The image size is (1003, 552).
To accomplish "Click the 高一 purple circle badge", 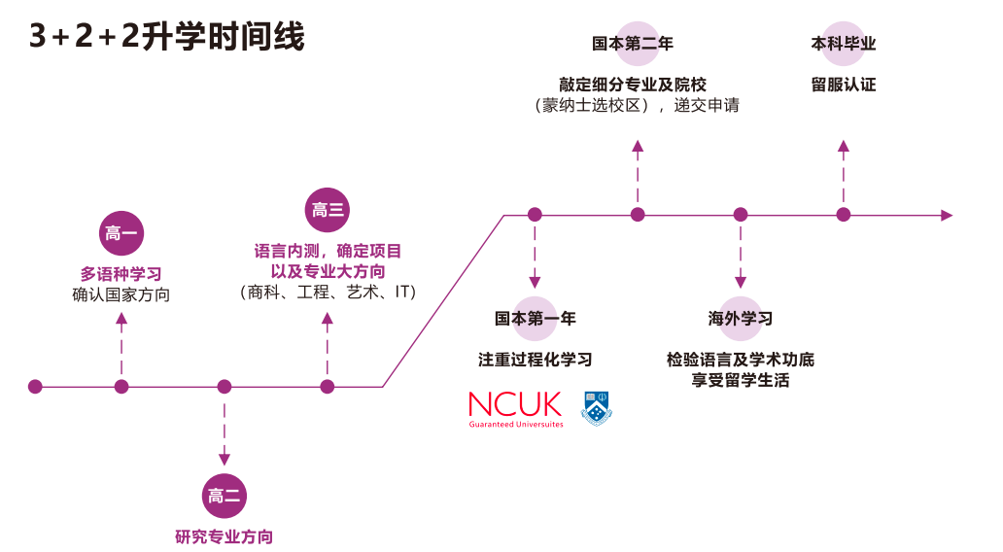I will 121,232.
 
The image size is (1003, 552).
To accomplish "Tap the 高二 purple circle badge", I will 225,496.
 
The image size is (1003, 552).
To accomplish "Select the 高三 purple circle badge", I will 328,210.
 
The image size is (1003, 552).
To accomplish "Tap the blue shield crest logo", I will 597,409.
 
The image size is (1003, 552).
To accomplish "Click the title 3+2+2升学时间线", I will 167,37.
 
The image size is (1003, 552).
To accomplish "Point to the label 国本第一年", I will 535,318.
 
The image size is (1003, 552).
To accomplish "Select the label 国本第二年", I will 633,44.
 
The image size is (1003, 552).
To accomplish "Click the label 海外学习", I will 741,318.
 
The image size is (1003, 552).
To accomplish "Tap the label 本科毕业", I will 844,44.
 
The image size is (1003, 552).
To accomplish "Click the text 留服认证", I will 844,85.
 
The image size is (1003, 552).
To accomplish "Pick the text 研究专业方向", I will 225,536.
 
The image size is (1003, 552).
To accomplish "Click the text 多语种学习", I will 121,274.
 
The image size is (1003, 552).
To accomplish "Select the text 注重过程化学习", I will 535,360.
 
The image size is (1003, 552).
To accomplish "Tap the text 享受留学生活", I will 741,380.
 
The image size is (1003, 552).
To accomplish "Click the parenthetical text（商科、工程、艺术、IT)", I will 328,293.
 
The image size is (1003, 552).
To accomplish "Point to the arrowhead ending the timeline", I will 947,215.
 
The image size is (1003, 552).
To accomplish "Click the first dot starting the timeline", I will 36,387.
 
